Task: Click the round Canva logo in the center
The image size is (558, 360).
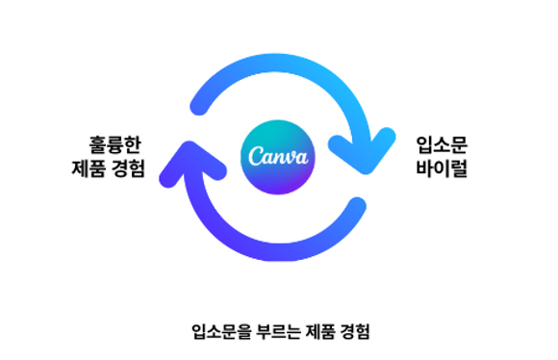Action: (x=278, y=156)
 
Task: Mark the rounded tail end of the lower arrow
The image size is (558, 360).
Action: (x=358, y=208)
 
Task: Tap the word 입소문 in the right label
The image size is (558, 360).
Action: (x=442, y=145)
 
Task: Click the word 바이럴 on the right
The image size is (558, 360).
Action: (x=442, y=171)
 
